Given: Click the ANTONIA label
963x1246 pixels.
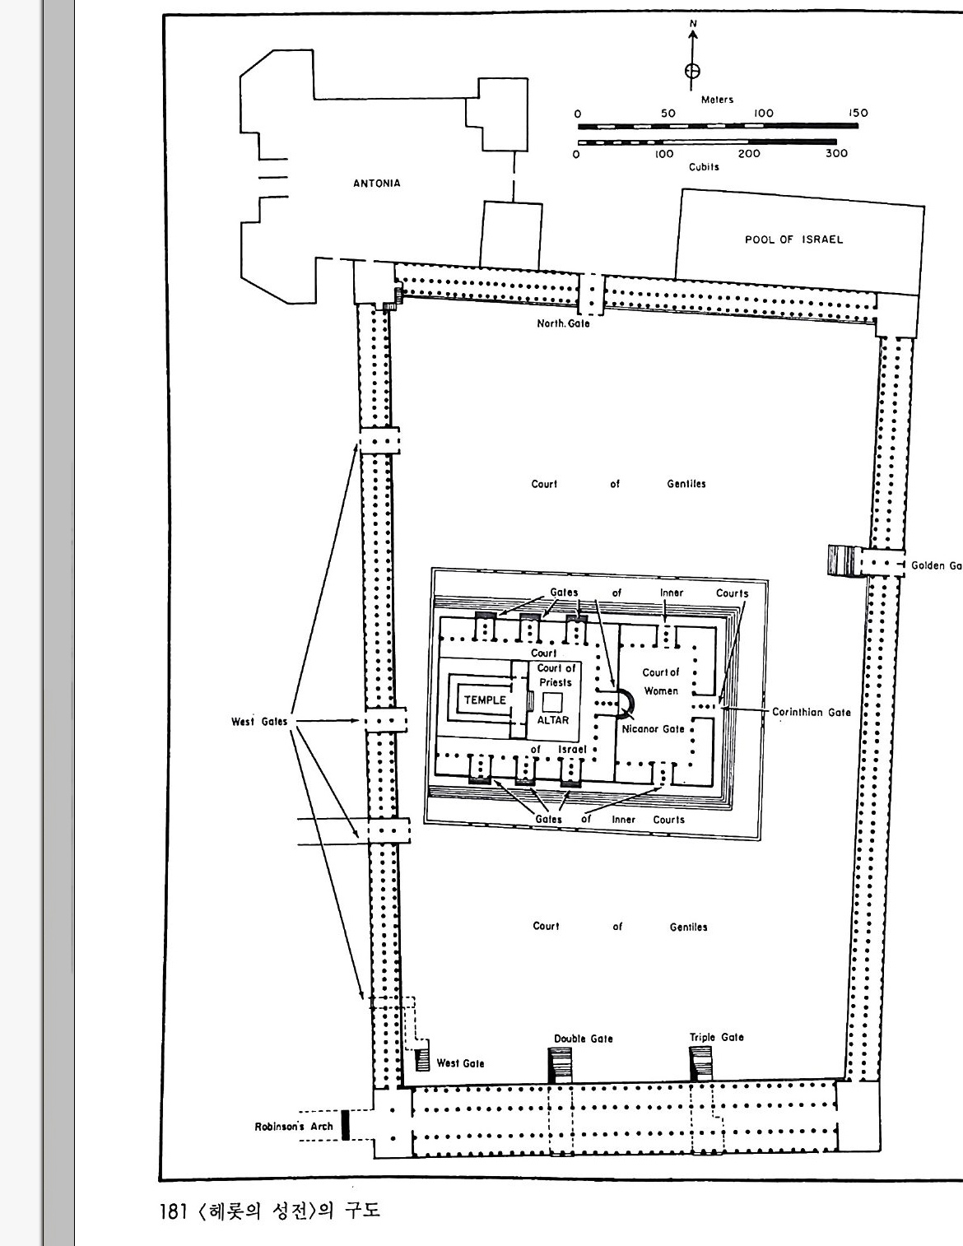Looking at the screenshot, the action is pos(377,184).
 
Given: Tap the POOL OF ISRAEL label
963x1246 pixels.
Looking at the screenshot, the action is pos(794,239).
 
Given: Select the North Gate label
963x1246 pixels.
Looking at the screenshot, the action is pos(563,323).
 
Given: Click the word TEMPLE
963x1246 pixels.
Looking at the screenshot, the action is pos(485,700).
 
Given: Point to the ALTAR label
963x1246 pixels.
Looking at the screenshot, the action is pos(552,720).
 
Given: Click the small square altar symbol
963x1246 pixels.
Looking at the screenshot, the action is pos(552,702).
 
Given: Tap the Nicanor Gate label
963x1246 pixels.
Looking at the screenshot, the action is pos(653,729).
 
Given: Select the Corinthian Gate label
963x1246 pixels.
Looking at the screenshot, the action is pos(811,712).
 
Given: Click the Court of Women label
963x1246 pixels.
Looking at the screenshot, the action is pos(661,681).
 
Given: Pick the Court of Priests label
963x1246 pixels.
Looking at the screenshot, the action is pos(556,676).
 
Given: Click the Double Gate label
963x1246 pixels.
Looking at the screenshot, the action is pos(583,1039).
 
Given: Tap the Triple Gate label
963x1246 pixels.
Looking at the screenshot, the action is pos(717,1037).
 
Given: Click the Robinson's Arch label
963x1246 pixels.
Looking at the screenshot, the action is pos(294,1126).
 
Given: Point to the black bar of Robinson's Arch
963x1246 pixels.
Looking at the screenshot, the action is pos(345,1125).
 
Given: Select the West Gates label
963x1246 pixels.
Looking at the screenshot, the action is pos(259,722).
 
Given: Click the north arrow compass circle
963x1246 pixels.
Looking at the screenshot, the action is pos(693,71).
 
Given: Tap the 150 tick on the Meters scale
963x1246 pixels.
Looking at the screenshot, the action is pos(858,113).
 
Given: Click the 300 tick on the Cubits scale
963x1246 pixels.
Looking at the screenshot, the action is pos(836,153).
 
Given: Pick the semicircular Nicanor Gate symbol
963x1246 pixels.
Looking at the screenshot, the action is pos(630,704).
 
